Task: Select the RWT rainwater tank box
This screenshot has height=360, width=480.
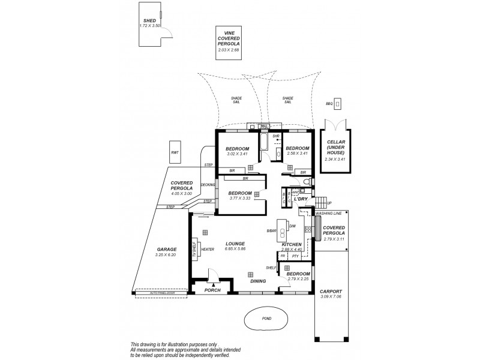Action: [175, 153]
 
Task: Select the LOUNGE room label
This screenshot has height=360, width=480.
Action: [235, 243]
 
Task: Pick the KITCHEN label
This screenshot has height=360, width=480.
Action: [291, 244]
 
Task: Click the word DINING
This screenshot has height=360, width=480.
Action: [258, 281]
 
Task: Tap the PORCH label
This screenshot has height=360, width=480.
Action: [212, 290]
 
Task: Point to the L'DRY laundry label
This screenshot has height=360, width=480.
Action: [301, 199]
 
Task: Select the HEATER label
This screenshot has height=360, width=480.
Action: [208, 249]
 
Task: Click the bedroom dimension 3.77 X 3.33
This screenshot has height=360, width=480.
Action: [239, 199]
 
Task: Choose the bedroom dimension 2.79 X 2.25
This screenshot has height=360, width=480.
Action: [298, 278]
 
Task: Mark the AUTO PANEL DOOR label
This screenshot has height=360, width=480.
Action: [158, 293]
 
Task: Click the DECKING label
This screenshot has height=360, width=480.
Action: [208, 185]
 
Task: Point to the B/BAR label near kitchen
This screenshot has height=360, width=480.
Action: [271, 231]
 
